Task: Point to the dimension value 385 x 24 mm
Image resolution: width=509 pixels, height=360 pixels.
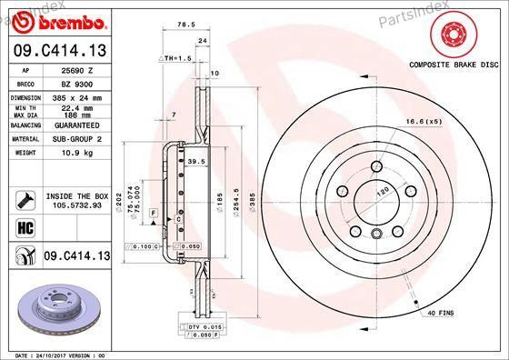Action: (x=75, y=95)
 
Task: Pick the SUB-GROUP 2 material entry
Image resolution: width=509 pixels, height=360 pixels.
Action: (x=75, y=139)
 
